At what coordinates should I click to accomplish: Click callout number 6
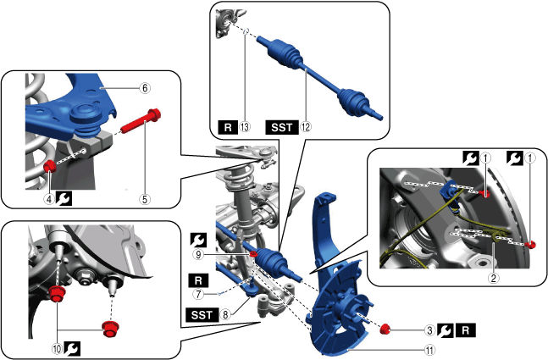145,88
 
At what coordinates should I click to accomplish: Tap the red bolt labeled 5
141,121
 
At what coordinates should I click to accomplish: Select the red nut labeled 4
50,166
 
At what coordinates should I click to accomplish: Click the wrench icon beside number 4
64,199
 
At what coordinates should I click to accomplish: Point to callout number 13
245,126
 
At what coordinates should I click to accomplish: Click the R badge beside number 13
228,127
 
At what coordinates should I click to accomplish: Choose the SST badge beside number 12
282,127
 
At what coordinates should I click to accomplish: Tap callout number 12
306,126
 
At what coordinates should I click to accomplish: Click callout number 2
494,278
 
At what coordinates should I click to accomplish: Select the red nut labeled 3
385,329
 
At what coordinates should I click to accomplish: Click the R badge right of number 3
466,330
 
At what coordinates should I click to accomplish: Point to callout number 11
430,349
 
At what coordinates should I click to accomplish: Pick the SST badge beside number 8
202,315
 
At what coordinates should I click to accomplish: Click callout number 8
225,314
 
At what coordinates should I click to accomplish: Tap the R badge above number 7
198,280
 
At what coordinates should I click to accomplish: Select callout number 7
198,294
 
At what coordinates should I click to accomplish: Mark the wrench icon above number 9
198,240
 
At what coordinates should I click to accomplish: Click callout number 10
57,348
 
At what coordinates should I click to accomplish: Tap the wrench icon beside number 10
72,348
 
